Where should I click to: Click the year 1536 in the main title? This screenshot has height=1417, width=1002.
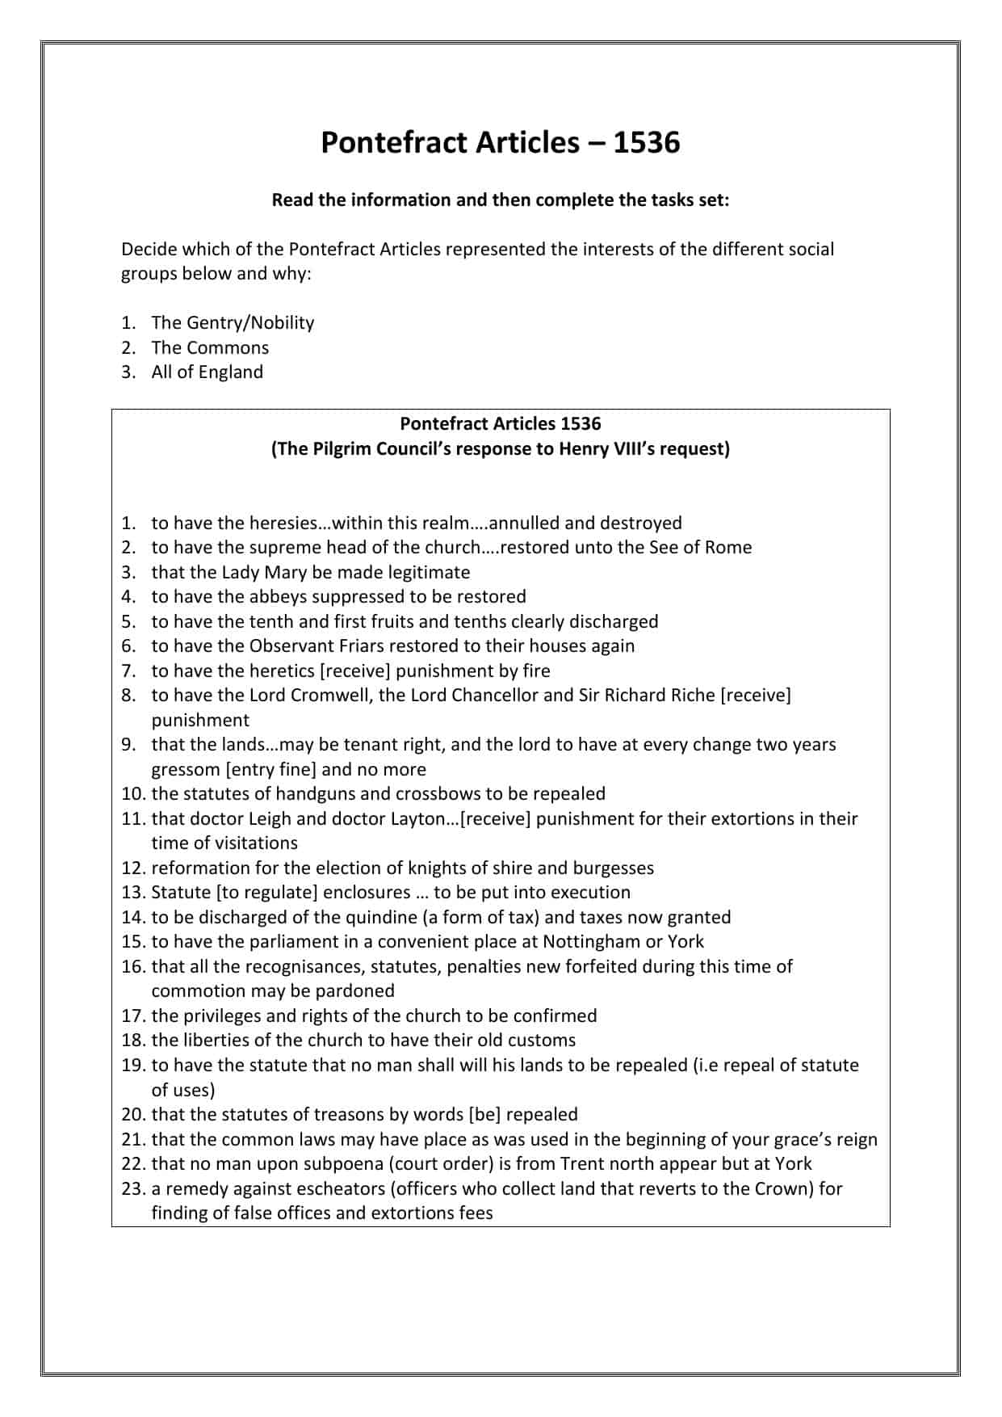647,143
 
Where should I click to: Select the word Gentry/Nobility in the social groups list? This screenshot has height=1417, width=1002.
250,323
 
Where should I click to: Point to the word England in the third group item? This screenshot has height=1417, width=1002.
230,372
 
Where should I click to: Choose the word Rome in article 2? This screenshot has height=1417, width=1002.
727,548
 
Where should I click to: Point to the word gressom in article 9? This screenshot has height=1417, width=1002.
186,770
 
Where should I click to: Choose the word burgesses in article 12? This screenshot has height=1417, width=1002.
614,868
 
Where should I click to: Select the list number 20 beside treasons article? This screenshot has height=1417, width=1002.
132,1115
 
